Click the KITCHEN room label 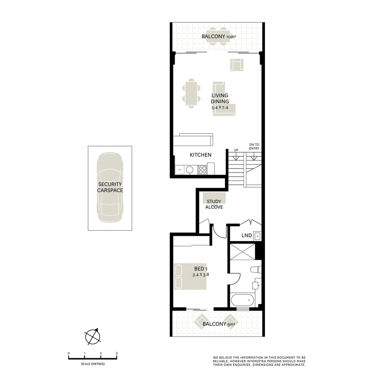tap(201, 155)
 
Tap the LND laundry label tap(247, 236)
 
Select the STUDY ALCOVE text tap(214, 204)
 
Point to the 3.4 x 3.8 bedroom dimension tap(201, 275)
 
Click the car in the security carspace tap(110, 188)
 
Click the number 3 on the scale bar tap(117, 353)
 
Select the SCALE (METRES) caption tap(93, 364)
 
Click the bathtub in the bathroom tap(243, 300)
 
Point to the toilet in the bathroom tap(256, 270)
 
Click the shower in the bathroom tap(243, 252)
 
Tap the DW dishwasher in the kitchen tap(179, 170)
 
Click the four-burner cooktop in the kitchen tap(202, 170)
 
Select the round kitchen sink tap(190, 169)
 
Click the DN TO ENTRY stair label tap(254, 146)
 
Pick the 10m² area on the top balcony tap(231, 36)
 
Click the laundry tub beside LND tap(258, 236)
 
